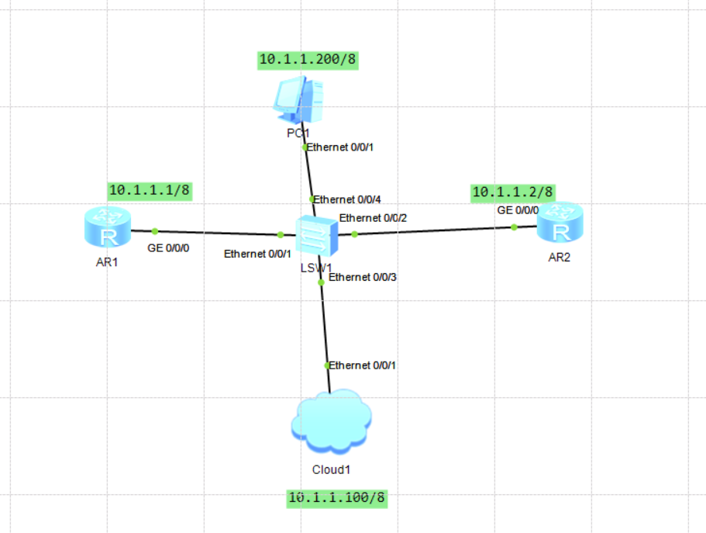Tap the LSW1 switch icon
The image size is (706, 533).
pyautogui.click(x=316, y=235)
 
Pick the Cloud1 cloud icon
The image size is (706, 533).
pyautogui.click(x=330, y=424)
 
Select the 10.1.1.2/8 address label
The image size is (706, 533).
pyautogui.click(x=513, y=191)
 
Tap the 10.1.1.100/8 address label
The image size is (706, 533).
pyautogui.click(x=336, y=497)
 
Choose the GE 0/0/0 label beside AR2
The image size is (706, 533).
pyautogui.click(x=517, y=210)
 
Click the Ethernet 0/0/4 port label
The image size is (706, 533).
pyautogui.click(x=347, y=199)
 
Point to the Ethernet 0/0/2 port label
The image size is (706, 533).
pyautogui.click(x=374, y=219)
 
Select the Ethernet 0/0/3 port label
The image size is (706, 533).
pyautogui.click(x=363, y=277)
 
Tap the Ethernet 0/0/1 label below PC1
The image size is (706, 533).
pyautogui.click(x=342, y=147)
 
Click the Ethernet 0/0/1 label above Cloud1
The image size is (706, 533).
pyautogui.click(x=363, y=365)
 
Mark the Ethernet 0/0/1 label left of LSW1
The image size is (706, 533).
pyautogui.click(x=258, y=254)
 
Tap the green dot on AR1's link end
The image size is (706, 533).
pyautogui.click(x=155, y=230)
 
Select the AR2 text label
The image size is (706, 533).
pyautogui.click(x=559, y=258)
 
